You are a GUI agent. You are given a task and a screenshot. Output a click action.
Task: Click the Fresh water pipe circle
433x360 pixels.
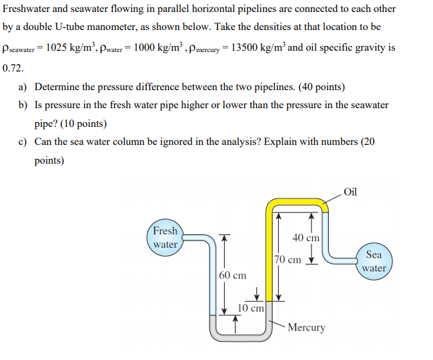coord(165,237)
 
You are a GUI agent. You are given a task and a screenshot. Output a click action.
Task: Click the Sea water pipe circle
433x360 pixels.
coord(374,261)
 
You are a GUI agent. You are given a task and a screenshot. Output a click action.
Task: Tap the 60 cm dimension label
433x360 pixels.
coord(232,275)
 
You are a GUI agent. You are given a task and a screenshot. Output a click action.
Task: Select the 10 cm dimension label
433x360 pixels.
coord(252,308)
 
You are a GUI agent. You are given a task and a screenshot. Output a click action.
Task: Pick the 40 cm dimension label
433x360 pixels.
coord(306,237)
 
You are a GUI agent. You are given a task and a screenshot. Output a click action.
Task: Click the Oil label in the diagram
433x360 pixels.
coord(352,192)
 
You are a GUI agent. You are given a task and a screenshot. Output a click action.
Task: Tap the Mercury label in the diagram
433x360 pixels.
coord(307,327)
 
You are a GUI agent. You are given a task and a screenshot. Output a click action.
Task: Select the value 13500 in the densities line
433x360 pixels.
coord(246,48)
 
